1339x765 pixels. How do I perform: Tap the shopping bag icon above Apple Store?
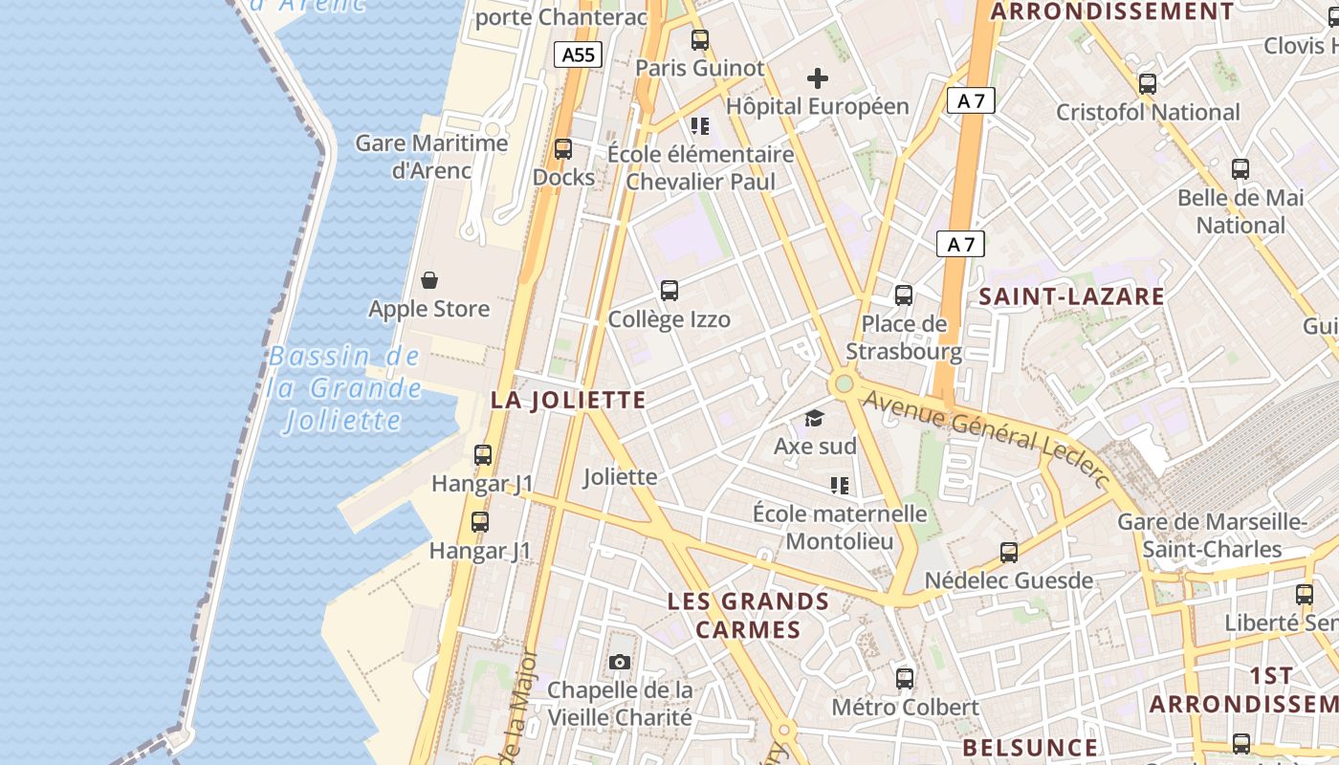[x=429, y=280]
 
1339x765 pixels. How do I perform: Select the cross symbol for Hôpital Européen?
[x=817, y=78]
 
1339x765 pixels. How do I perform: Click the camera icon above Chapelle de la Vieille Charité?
[x=620, y=662]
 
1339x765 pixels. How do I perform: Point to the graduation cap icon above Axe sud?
[x=814, y=418]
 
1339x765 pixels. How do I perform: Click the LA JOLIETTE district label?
[x=568, y=400]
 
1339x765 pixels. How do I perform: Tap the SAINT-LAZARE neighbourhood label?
[x=1071, y=296]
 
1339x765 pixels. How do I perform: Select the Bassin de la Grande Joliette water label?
[x=343, y=388]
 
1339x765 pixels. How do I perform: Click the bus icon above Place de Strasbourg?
[x=903, y=295]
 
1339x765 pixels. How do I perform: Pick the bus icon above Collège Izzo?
[x=669, y=291]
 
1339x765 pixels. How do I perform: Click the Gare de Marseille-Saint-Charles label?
[x=1213, y=535]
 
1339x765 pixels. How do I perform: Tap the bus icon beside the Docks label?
[x=563, y=149]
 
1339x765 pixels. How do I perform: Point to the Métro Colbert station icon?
[x=905, y=679]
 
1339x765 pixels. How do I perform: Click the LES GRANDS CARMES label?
[x=748, y=615]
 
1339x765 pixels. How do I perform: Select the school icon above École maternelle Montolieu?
[x=840, y=486]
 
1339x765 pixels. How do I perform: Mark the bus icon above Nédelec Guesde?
[x=1008, y=552]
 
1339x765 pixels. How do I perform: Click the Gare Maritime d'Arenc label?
[x=432, y=157]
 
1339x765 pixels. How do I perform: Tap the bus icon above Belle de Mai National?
[x=1240, y=169]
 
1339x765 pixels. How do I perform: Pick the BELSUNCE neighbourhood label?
[x=1030, y=747]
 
